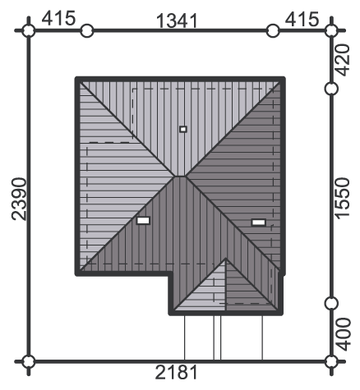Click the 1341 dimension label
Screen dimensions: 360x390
point(177,21)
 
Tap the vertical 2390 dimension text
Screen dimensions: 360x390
point(19,199)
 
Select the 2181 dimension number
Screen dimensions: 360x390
point(176,373)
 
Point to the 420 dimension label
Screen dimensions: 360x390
point(343,60)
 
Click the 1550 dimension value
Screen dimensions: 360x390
point(343,199)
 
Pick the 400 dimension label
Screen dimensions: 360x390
point(343,334)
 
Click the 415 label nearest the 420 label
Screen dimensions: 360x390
point(302,19)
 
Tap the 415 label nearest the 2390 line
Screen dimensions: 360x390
point(58,18)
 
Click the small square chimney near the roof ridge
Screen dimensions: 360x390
point(183,129)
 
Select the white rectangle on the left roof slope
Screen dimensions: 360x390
point(143,220)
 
